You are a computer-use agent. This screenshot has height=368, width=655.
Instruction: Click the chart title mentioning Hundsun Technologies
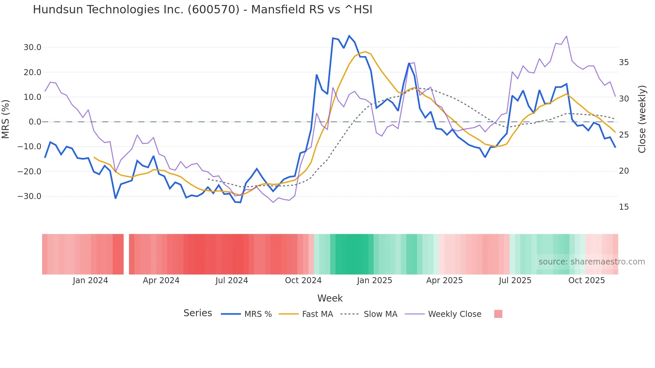point(203,10)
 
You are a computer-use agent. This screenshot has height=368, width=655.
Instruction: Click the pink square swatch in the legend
point(498,314)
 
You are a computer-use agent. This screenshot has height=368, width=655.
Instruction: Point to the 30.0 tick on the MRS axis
point(32,47)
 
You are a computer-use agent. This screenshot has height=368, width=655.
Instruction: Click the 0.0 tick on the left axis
point(35,122)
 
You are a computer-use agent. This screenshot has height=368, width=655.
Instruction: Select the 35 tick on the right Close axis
point(624,62)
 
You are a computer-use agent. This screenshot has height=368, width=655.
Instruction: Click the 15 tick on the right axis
point(624,207)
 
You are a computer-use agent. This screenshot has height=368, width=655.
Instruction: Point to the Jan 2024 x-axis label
point(90,281)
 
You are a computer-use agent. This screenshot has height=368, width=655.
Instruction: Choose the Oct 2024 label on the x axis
point(303,281)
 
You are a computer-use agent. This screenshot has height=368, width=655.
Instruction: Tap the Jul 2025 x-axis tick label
point(515,281)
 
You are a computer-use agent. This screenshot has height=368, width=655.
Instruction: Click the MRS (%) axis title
point(6,119)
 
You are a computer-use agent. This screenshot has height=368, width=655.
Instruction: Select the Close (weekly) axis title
point(642,119)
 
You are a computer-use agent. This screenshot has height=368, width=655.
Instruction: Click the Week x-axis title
point(330,298)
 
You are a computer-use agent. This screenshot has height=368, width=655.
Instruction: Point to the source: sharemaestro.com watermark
point(592,262)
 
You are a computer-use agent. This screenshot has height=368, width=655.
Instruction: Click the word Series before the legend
point(198,313)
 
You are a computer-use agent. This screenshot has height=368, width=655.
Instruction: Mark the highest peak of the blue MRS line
point(349,36)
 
